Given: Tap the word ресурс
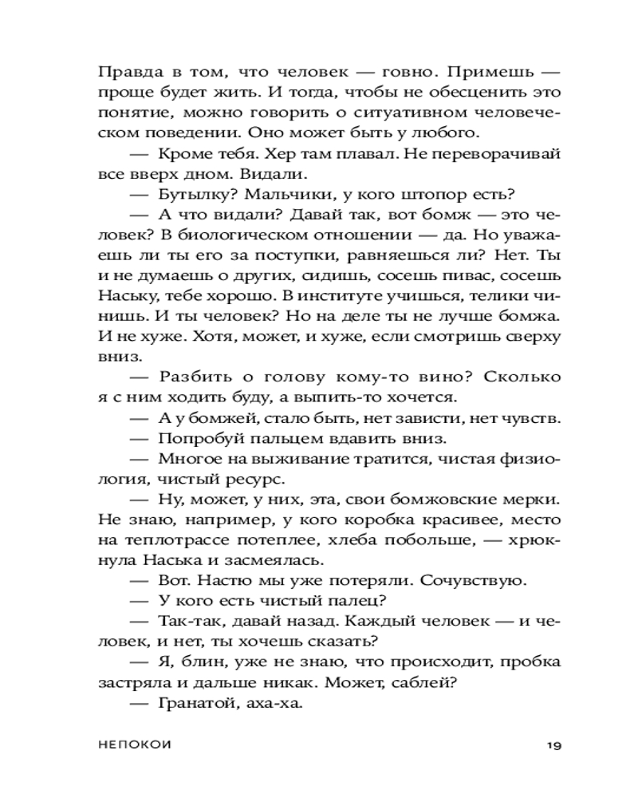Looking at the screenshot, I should [x=242, y=480].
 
